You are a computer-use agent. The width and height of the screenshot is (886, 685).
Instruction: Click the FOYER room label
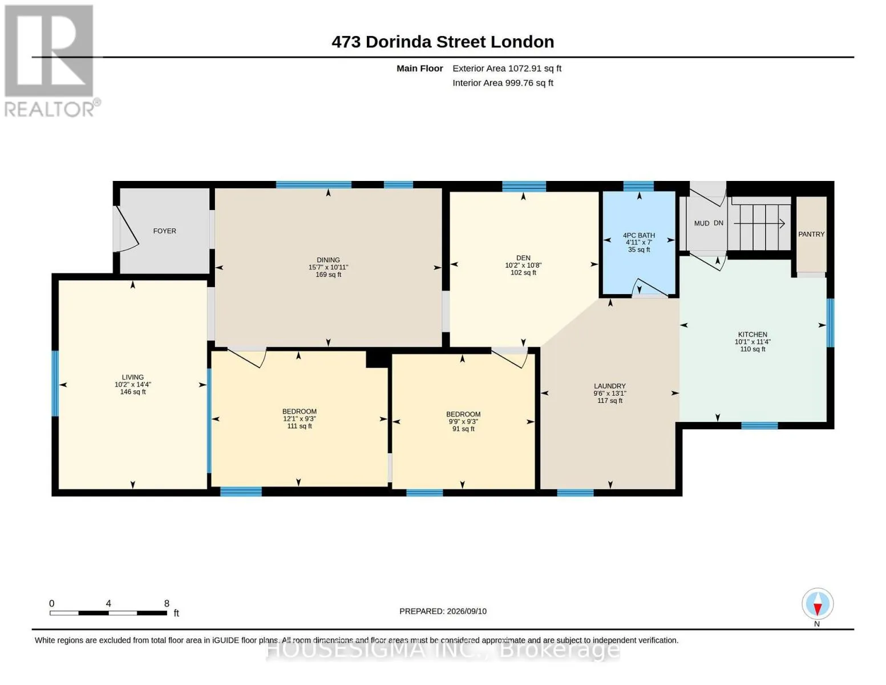pos(164,231)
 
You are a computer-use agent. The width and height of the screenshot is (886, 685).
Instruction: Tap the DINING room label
pos(328,260)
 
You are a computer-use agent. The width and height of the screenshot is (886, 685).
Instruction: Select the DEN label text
pos(523,258)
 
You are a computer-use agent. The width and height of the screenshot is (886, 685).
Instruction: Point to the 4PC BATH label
pos(639,235)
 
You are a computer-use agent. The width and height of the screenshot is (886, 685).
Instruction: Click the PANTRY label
pos(811,234)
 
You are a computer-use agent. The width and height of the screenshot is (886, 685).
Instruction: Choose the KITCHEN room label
pos(753,335)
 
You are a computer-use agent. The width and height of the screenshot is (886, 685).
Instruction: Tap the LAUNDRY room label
pos(609,386)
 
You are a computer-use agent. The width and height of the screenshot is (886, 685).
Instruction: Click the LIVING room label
pos(133,377)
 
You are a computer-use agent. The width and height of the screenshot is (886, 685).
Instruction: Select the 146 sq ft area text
pos(133,392)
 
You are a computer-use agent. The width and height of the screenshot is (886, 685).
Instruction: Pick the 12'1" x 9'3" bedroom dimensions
pos(300,419)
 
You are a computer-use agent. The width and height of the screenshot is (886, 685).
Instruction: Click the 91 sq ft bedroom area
pos(463,429)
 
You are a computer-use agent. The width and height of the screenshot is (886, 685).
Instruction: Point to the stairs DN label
pos(718,223)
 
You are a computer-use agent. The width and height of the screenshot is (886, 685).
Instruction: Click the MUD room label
pos(702,224)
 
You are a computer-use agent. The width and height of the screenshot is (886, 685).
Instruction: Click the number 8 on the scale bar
pos(167,603)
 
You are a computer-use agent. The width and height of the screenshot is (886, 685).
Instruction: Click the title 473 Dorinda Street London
pos(443,42)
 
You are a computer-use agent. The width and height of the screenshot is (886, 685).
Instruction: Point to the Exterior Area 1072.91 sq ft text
pos(507,68)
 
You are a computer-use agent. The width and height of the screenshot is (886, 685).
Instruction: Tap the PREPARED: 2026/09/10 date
pos(443,611)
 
